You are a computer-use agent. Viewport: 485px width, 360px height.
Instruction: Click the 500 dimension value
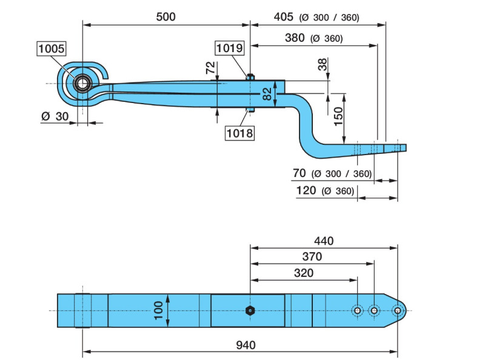166,16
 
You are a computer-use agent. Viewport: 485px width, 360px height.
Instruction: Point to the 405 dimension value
283,16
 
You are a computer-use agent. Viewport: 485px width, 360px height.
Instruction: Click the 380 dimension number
295,38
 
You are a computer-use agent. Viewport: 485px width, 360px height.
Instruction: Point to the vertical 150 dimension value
338,113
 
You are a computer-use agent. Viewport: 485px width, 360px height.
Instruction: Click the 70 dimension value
299,173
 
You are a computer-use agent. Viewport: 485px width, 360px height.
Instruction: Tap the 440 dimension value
324,241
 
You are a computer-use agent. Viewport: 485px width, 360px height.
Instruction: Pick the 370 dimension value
312,256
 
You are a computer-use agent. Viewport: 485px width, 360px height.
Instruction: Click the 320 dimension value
303,273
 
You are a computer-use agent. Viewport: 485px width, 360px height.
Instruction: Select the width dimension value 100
158,310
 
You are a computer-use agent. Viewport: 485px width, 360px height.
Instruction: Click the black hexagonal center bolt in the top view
250,310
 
